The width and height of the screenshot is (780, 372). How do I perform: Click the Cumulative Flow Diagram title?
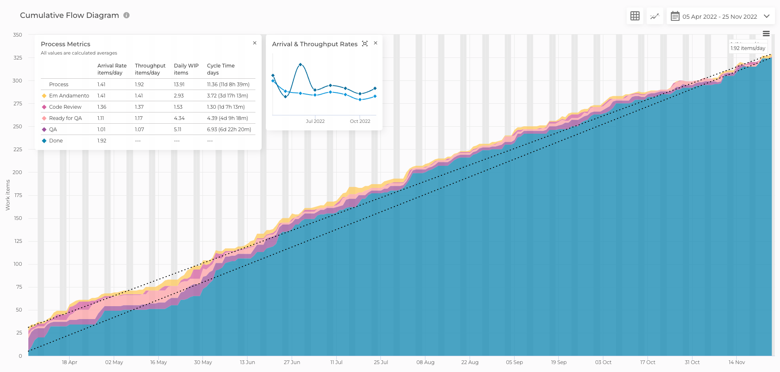click(70, 15)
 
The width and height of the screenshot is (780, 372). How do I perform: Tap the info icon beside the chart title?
click(127, 15)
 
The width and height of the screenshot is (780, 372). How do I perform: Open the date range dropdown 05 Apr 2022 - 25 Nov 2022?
click(720, 17)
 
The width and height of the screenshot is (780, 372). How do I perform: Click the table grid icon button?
click(635, 16)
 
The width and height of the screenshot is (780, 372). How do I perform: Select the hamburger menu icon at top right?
click(766, 34)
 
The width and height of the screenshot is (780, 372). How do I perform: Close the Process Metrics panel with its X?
click(255, 43)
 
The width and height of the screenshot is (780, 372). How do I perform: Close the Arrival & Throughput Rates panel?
click(375, 43)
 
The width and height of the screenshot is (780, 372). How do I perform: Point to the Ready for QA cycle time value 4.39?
click(227, 118)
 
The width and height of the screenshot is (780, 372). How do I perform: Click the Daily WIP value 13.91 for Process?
click(179, 85)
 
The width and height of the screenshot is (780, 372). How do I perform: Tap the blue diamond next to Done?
click(44, 141)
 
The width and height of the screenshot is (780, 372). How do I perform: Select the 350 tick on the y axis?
click(17, 35)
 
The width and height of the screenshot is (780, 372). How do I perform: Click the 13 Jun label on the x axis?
click(247, 362)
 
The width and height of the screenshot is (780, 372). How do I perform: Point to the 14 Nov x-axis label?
click(736, 362)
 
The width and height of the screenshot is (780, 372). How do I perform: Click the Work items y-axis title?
click(7, 195)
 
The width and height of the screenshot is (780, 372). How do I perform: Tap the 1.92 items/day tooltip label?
click(748, 48)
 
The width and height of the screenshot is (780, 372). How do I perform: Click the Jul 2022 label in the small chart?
click(315, 121)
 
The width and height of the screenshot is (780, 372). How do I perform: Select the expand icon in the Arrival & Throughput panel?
click(365, 43)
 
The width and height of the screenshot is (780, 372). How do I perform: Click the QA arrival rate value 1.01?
click(102, 130)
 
